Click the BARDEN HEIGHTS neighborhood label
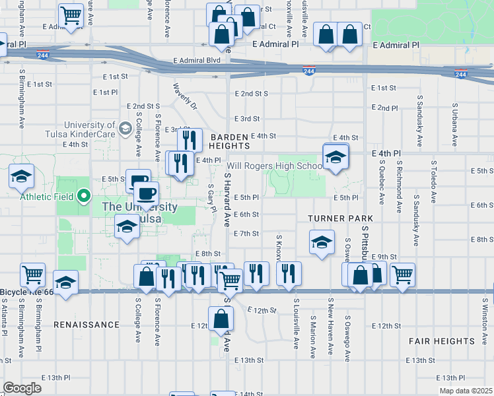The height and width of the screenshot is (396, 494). (229, 141)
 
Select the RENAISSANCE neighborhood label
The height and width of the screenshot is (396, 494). (86, 325)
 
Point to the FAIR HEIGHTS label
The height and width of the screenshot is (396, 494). (441, 341)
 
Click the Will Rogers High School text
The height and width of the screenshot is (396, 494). (275, 166)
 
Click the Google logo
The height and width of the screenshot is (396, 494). (22, 388)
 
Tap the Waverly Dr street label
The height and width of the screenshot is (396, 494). (185, 96)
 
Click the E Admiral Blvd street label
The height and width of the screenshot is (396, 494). (197, 60)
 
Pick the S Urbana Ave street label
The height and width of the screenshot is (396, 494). (454, 124)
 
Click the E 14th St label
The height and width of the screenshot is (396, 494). (248, 393)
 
